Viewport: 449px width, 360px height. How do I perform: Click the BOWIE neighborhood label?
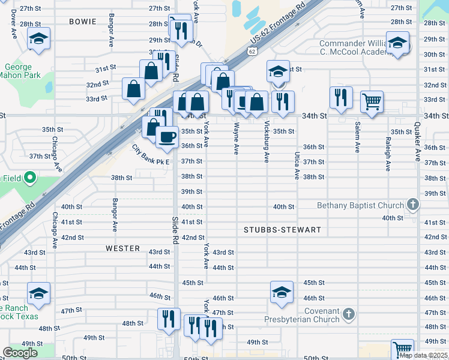[x=82, y=22]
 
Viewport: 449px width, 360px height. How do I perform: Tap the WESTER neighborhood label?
[x=122, y=248]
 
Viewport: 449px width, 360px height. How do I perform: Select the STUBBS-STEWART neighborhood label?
[x=283, y=230]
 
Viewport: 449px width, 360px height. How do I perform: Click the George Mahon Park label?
[x=22, y=71]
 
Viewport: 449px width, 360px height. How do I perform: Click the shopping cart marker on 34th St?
[x=372, y=101]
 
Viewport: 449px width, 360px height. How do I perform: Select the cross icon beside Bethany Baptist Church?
[x=412, y=205]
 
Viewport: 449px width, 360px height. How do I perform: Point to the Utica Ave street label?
[x=297, y=165]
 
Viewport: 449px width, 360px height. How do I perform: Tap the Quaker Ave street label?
[x=416, y=142]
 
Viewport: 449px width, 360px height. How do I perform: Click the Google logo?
[x=20, y=353]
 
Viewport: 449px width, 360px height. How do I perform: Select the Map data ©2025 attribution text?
[x=423, y=355]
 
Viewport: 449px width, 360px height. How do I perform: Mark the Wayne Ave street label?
[x=237, y=137]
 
